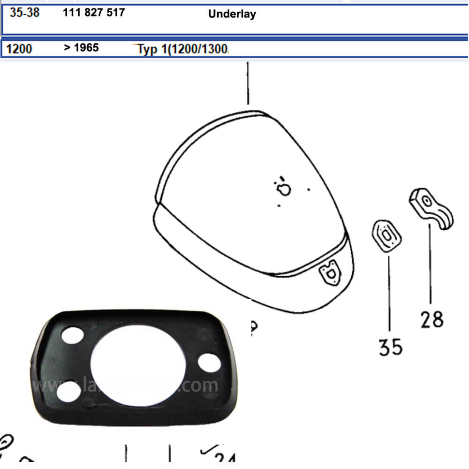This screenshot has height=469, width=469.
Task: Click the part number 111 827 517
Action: tap(94, 13)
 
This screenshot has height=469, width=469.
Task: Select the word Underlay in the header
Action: tap(232, 14)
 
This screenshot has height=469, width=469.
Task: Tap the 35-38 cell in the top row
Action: tap(25, 13)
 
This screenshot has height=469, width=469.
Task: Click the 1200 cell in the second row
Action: tap(20, 48)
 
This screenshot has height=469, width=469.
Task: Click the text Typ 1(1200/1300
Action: tap(183, 50)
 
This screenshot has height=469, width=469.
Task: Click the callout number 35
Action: tap(391, 347)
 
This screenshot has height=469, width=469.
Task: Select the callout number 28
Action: tap(431, 320)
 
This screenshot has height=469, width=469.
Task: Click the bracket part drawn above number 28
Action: tap(431, 207)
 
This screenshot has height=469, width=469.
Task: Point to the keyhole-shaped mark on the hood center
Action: tap(285, 189)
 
